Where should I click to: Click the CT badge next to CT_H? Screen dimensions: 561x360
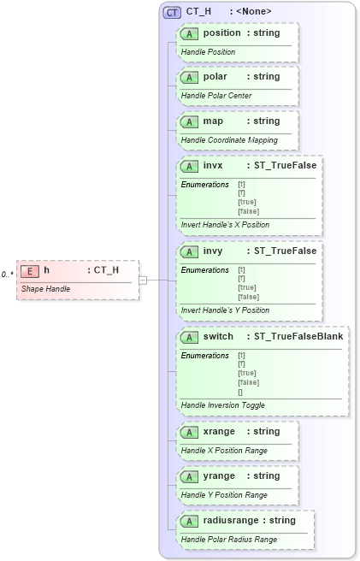[x=172, y=12]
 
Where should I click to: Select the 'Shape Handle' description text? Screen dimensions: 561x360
[x=45, y=288]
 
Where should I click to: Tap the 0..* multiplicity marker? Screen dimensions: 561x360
[x=7, y=274]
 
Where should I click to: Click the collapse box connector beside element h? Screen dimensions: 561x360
[x=143, y=279]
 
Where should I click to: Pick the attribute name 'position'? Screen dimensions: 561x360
[x=222, y=32]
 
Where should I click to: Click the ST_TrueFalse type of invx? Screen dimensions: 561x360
[x=281, y=165]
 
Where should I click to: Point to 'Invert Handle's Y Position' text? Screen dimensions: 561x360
[x=225, y=310]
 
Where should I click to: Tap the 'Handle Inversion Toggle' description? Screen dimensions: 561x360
[x=222, y=405]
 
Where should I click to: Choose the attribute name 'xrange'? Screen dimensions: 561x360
[x=219, y=432]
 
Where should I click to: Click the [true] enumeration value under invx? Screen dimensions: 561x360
[x=247, y=202]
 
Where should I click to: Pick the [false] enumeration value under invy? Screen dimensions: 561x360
[x=248, y=297]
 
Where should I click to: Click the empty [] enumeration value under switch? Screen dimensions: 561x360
[x=240, y=392]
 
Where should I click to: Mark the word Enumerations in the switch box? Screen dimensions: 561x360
[x=204, y=355]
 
